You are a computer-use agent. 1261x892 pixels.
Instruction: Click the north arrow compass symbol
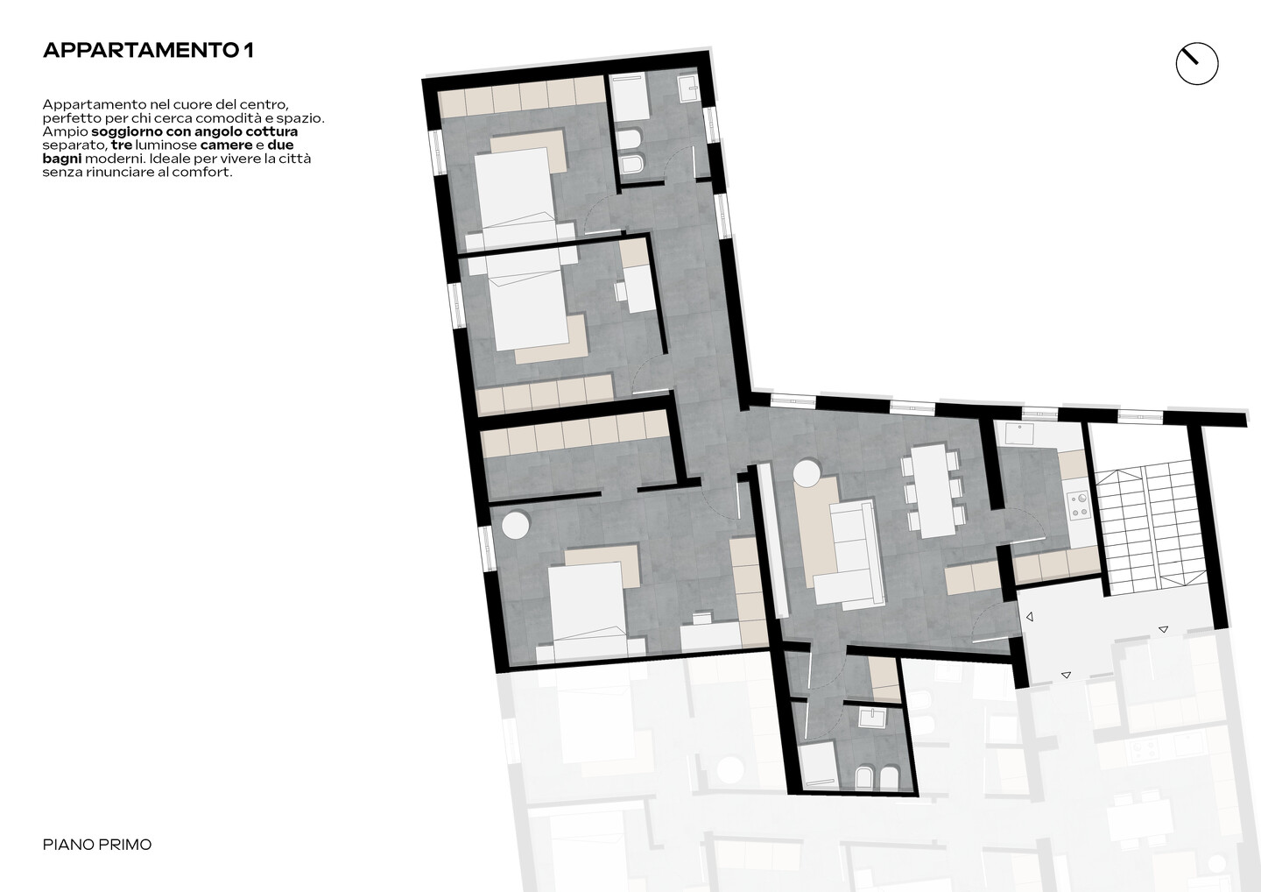pos(1197,64)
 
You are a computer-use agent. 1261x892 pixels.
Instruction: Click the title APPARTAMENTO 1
pos(148,51)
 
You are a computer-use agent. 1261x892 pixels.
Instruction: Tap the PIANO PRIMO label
pos(97,846)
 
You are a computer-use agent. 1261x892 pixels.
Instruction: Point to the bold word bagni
pos(62,159)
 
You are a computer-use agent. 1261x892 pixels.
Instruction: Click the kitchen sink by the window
pos(1019,435)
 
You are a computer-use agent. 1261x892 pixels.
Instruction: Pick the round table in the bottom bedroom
pos(516,526)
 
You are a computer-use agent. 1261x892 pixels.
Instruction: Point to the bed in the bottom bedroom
pos(586,612)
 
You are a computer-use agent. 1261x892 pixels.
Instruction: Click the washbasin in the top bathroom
pos(688,88)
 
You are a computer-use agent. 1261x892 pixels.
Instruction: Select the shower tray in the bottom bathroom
pos(817,765)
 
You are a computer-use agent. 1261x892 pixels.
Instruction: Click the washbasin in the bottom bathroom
pos(872,718)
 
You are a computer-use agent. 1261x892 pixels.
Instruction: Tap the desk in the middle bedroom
pos(640,288)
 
